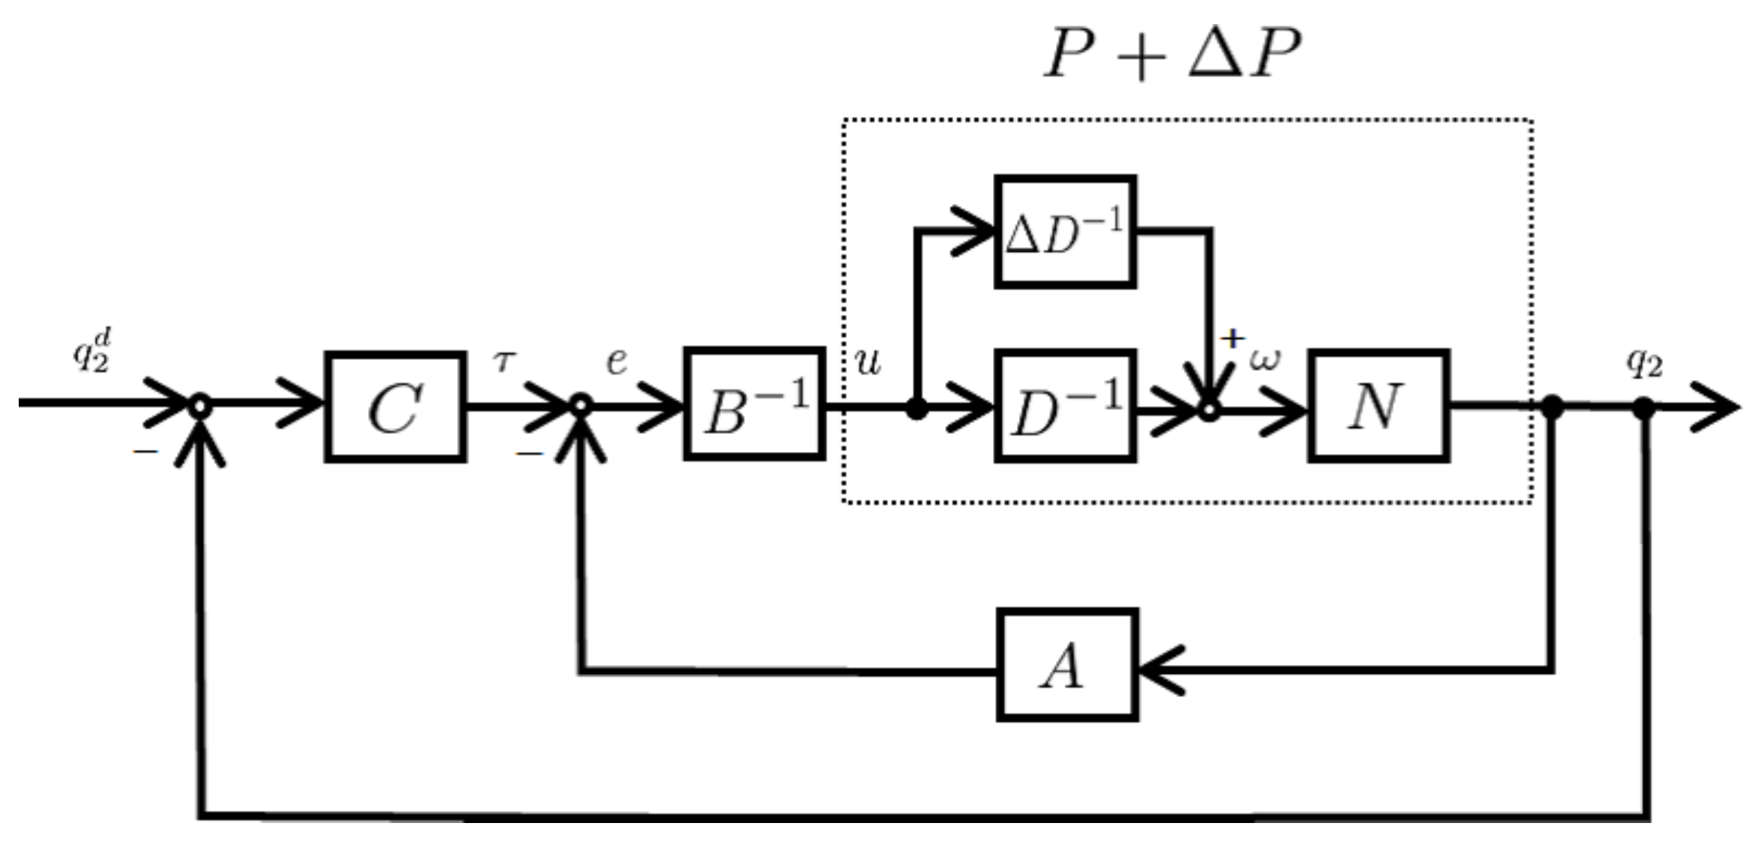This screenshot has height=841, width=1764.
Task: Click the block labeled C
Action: point(395,407)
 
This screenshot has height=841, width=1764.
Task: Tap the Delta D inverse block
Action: point(1065,232)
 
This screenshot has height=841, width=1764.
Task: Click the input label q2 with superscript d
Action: point(92,351)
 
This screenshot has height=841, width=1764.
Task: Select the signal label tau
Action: point(504,362)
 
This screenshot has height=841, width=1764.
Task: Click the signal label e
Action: point(616,361)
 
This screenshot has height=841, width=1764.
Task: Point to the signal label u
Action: point(868,363)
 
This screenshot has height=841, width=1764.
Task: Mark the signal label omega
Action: point(1264,361)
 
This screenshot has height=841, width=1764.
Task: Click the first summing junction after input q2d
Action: point(199,406)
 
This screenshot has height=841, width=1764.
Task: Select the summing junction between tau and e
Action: point(581,406)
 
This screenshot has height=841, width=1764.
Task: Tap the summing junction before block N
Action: point(1209,410)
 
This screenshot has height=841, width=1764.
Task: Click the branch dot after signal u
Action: point(916,409)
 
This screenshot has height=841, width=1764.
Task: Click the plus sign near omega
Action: point(1231,339)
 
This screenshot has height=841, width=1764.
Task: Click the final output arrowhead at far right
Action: point(1720,407)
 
